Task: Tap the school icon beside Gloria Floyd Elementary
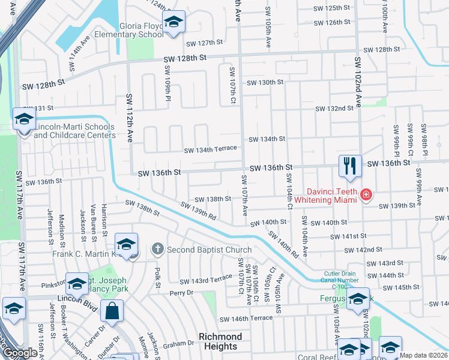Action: pyautogui.click(x=174, y=23)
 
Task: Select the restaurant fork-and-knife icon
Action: pyautogui.click(x=350, y=164)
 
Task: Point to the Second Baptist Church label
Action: pyautogui.click(x=209, y=249)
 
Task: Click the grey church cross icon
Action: pyautogui.click(x=158, y=248)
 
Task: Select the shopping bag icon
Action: pyautogui.click(x=112, y=311)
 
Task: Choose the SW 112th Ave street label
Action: pyautogui.click(x=128, y=118)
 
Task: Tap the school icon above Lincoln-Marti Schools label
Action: pyautogui.click(x=24, y=119)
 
